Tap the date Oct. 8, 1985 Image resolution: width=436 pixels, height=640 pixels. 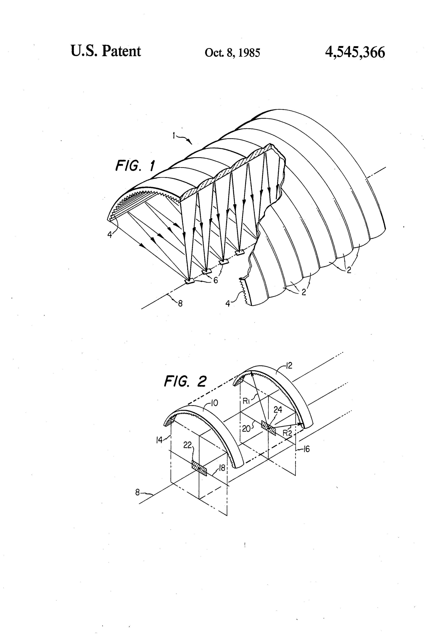pos(232,53)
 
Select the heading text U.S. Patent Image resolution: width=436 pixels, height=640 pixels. pos(106,51)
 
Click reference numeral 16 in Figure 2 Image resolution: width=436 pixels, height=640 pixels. pos(306,449)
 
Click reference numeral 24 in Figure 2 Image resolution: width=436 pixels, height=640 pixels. pos(278,410)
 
